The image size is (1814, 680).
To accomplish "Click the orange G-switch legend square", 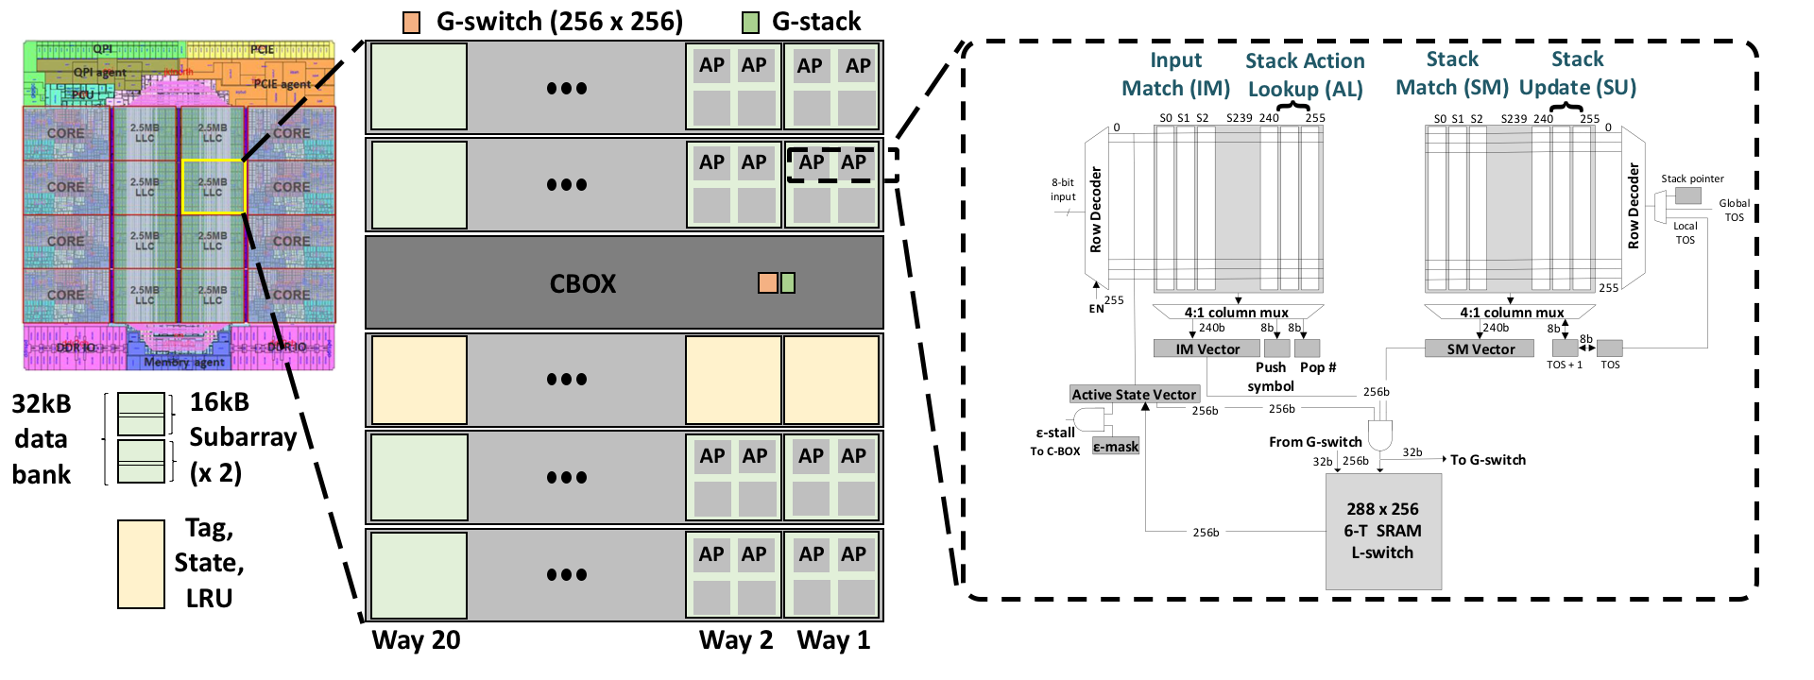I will pos(411,23).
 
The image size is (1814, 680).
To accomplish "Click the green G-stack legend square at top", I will pos(750,23).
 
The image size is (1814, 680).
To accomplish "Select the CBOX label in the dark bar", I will pos(582,283).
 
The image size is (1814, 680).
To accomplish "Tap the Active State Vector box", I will pos(1134,394).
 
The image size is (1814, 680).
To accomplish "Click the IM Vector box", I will pos(1206,348).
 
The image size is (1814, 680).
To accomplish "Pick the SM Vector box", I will pos(1480,348).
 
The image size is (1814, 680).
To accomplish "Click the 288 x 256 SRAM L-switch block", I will pos(1383,531).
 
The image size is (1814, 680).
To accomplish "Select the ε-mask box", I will pos(1116,447).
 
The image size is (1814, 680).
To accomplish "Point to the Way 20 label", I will pos(416,640).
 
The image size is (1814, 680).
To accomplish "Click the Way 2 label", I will pos(735,640).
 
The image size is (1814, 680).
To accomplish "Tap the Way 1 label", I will pos(833,640).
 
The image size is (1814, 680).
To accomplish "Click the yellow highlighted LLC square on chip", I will pos(213,186).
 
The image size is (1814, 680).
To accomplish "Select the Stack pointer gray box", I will pos(1687,195).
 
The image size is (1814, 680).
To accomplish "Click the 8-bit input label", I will pos(1063,190).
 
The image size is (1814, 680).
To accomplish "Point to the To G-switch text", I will pos(1487,460).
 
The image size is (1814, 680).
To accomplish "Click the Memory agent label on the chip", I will pos(184,362).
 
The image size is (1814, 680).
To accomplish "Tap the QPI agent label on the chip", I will pos(99,73).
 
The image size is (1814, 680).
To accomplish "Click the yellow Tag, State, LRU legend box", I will pos(141,564).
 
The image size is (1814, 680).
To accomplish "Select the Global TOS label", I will pos(1734,210).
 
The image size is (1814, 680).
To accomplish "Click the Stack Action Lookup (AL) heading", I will pos(1305,75).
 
